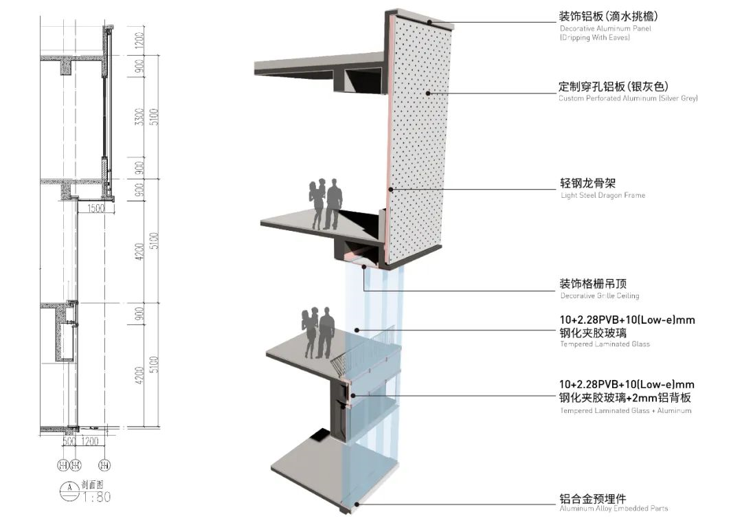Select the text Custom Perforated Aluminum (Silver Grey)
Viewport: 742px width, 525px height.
(628, 99)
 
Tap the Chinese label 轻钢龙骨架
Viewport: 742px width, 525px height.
(587, 183)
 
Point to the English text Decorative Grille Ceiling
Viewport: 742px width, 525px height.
(599, 296)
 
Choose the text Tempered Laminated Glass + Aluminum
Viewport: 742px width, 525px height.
(625, 411)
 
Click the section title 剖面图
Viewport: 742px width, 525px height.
(93, 484)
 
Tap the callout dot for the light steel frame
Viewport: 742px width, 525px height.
(391, 189)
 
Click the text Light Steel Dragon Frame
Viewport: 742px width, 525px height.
(603, 196)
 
